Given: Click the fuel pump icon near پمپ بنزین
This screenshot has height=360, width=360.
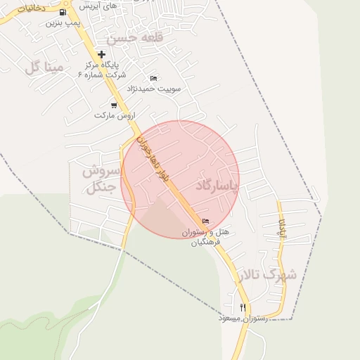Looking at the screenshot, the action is point(63,12).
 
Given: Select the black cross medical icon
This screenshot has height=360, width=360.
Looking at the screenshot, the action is point(102,54).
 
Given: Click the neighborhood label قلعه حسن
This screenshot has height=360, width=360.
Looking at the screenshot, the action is point(135,37).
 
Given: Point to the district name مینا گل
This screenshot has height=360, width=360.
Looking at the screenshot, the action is point(44,67).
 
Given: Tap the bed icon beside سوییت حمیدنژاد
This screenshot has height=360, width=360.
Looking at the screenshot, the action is point(154,77).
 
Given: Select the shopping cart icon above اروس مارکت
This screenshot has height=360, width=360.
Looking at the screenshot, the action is point(114,105).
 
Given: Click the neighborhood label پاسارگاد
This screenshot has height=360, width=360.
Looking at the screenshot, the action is point(217,186).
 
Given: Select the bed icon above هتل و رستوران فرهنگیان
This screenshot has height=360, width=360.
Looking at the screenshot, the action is point(205,221).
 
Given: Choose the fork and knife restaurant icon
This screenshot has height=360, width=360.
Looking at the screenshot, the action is point(243,307).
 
